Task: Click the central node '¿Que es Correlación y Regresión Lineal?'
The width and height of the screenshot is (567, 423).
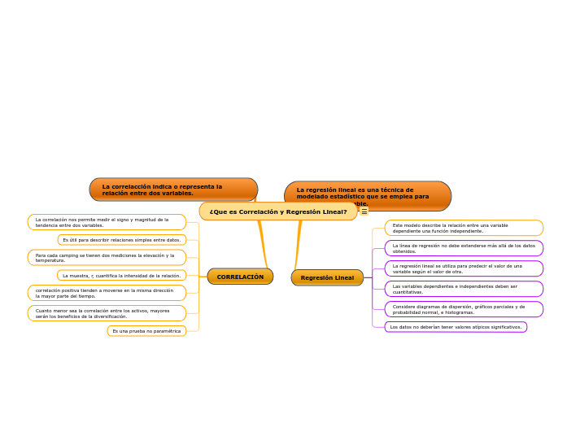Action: [x=278, y=211]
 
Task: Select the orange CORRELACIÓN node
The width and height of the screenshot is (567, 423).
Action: [x=240, y=277]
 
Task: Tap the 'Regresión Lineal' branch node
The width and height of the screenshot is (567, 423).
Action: [x=327, y=277]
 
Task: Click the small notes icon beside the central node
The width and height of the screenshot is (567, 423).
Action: [x=364, y=211]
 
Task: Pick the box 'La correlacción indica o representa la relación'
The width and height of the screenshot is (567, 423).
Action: [x=173, y=190]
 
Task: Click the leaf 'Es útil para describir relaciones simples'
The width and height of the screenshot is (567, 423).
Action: [x=122, y=240]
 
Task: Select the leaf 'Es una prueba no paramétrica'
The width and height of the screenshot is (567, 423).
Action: [x=146, y=331]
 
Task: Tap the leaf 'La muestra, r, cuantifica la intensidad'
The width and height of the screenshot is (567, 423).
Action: [x=122, y=276]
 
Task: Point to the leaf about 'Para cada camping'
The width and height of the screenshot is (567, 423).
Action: [x=107, y=258]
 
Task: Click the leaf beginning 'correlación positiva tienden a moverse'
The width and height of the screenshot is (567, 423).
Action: [x=107, y=293]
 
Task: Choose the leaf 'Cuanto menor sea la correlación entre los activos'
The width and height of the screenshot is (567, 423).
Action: [x=107, y=313]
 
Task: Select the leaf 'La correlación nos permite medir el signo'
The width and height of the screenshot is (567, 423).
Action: [x=107, y=222]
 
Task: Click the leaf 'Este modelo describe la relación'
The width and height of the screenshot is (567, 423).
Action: [x=464, y=228]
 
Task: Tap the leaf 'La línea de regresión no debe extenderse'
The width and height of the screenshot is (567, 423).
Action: [x=464, y=248]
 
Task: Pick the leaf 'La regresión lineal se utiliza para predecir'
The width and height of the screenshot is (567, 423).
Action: [x=464, y=268]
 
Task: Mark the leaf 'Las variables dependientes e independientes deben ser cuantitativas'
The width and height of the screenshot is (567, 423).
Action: [x=464, y=289]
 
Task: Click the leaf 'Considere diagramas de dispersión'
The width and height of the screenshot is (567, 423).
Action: [x=464, y=309]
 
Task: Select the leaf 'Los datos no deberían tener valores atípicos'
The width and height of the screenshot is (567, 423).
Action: [x=456, y=327]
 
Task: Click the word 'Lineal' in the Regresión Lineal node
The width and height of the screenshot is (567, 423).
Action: [x=343, y=277]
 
